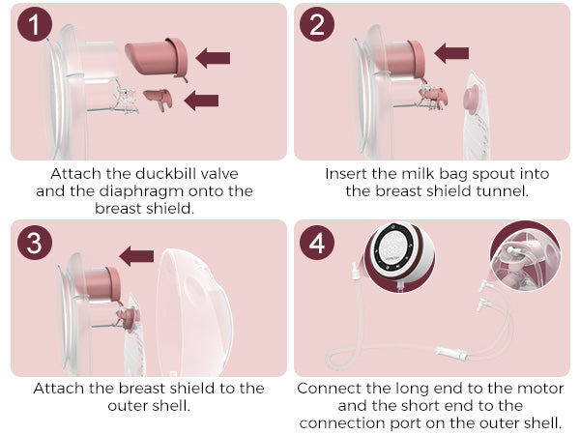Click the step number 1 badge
(x=35, y=24)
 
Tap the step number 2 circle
(x=317, y=24)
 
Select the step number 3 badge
(x=35, y=243)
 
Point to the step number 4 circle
(x=317, y=243)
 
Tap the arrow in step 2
(x=451, y=53)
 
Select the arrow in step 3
(x=136, y=256)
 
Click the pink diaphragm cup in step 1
(x=157, y=57)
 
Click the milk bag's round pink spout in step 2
(x=472, y=99)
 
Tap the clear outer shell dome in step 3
(x=194, y=312)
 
